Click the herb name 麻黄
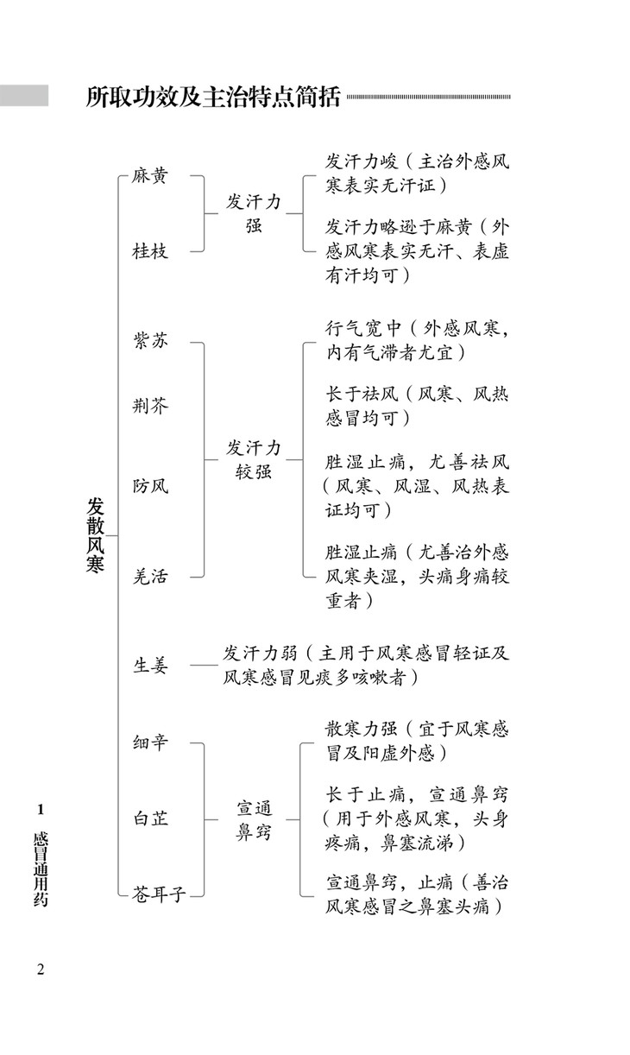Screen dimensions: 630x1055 click(149, 176)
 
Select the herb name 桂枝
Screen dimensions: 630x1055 click(149, 251)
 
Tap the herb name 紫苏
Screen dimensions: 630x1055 click(149, 340)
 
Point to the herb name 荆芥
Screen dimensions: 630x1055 click(149, 406)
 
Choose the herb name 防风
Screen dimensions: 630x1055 click(149, 485)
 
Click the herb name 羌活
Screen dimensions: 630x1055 click(149, 576)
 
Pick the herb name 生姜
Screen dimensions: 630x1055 click(149, 666)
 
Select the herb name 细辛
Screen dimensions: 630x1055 click(149, 742)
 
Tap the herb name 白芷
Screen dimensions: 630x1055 click(149, 819)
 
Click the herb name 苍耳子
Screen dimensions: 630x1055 click(159, 894)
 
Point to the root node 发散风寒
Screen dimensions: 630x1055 click(95, 535)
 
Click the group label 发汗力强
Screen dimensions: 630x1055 click(254, 213)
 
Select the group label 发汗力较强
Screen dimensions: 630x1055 click(254, 459)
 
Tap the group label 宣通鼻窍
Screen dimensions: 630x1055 click(254, 820)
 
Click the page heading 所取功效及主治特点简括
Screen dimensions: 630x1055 click(213, 97)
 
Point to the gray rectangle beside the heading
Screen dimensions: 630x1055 click(24, 96)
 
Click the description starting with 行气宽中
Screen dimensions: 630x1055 click(417, 340)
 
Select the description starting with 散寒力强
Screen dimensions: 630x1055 click(417, 742)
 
